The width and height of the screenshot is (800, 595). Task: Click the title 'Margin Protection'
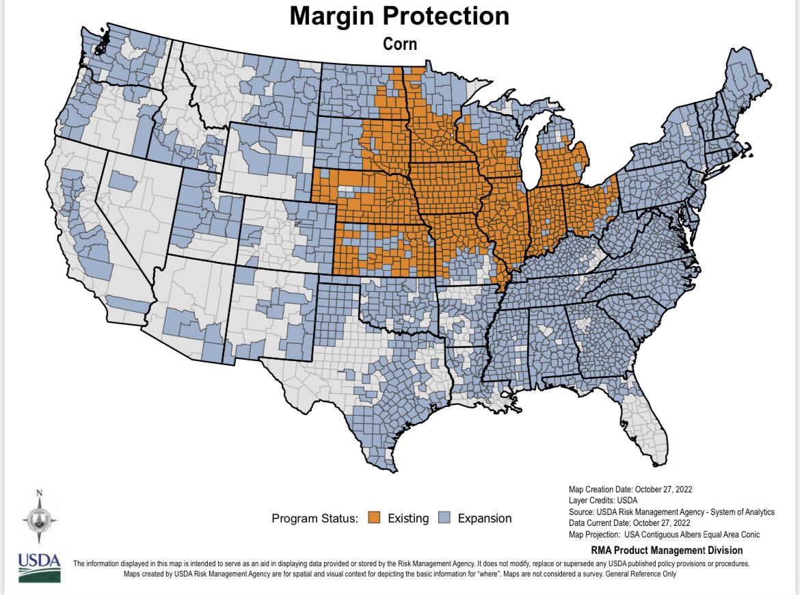(399, 16)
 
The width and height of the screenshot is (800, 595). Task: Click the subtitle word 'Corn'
(399, 44)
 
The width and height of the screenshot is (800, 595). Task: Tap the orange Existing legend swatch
(373, 518)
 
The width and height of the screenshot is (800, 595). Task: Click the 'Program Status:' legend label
(315, 518)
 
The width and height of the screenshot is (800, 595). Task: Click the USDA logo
(38, 567)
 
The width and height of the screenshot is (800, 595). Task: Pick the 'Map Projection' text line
(664, 535)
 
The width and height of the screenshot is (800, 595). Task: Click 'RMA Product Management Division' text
(666, 551)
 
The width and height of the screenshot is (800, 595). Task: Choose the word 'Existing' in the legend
(408, 518)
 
